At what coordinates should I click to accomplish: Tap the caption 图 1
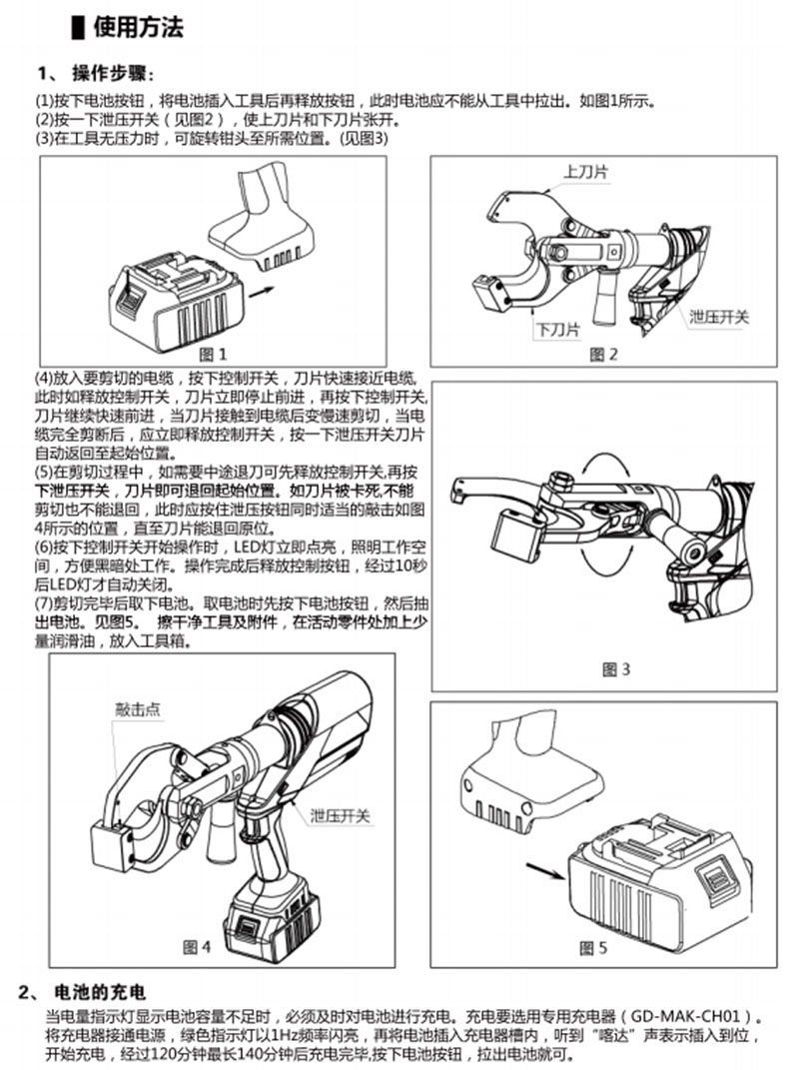coord(214,353)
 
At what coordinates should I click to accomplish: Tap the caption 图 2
coord(603,353)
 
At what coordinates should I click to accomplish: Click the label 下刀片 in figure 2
coord(558,329)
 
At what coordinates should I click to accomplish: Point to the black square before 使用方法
coord(78,28)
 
